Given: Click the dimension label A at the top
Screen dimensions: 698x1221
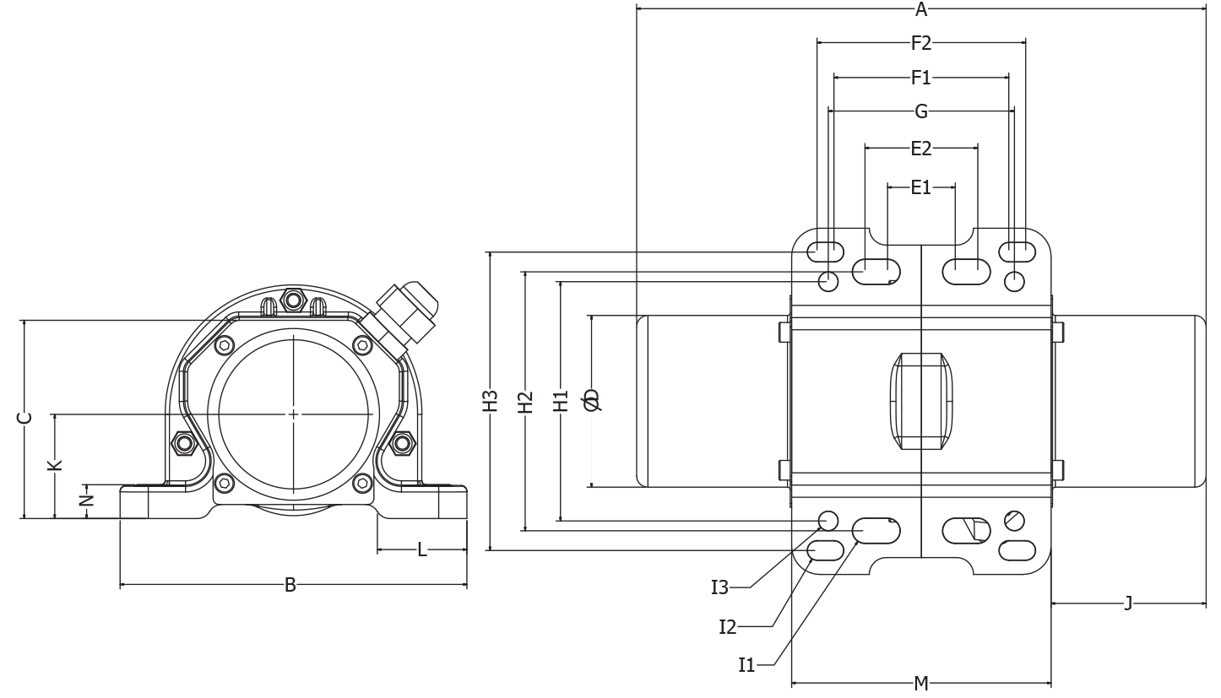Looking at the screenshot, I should click(921, 10).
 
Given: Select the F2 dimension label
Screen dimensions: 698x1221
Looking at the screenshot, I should click(921, 43).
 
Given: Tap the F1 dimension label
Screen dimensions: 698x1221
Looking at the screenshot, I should click(921, 78).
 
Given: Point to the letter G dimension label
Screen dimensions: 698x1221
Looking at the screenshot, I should click(921, 111).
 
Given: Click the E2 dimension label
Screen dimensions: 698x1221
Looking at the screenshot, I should click(921, 149).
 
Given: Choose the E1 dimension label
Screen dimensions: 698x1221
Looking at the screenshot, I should click(921, 187).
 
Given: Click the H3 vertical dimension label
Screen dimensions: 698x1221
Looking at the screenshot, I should click(491, 401).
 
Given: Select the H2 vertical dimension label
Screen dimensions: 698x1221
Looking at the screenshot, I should click(525, 402).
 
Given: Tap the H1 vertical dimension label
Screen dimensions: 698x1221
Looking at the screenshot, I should click(561, 401).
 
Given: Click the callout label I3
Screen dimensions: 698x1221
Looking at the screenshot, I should click(719, 588).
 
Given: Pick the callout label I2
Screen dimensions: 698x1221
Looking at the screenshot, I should click(728, 627).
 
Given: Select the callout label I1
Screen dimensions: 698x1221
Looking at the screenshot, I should click(747, 665).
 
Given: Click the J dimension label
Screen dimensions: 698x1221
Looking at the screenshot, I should click(1128, 603).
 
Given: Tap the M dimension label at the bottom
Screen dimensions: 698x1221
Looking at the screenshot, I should click(921, 684).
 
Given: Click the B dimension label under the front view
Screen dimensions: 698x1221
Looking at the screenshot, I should click(290, 585).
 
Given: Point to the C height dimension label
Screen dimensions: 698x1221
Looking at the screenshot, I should click(25, 418).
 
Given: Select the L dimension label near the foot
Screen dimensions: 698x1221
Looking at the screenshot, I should click(422, 550).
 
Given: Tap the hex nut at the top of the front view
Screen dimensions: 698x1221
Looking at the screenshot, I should click(293, 300).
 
